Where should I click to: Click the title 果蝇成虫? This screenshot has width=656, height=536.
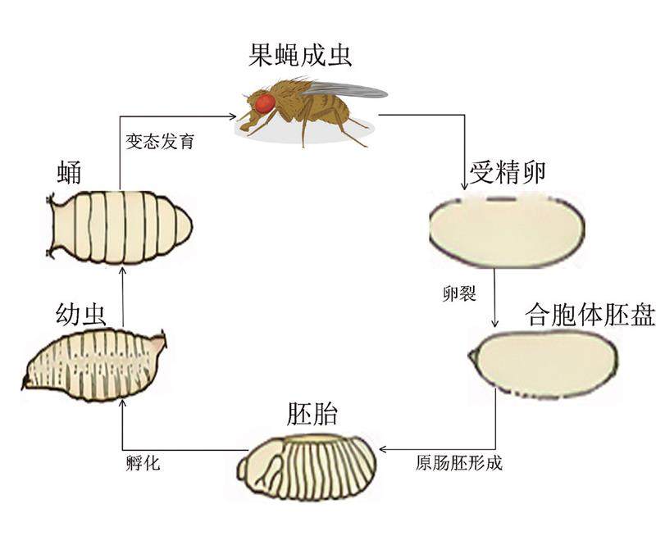coord(301,56)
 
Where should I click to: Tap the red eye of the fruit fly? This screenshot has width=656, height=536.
coord(264,103)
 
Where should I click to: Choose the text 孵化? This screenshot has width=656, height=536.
coord(143,463)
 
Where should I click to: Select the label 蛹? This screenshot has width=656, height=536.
coord(68,173)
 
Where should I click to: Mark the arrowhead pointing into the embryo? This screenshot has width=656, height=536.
coord(381,449)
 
